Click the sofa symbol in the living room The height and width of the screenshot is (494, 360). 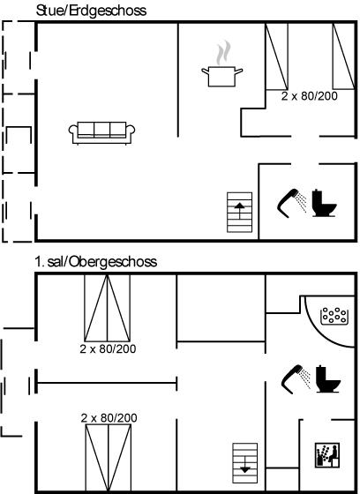101,132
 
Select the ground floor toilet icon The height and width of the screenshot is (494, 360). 324,203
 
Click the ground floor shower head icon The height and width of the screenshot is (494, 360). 291,203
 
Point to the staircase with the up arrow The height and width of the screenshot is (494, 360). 240,213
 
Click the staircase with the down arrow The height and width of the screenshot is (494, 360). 245,463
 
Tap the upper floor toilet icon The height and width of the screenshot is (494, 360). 328,379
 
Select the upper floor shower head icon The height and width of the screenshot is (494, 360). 296,379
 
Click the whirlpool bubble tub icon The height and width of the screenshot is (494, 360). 334,316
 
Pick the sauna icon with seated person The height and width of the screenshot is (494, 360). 327,455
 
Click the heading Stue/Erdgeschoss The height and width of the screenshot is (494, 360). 91,11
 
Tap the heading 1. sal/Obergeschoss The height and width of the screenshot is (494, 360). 96,262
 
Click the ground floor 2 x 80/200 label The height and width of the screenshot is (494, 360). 309,96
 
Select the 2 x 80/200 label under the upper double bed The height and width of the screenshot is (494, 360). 108,348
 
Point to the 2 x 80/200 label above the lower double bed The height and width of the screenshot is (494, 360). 109,418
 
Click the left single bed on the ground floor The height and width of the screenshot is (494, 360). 277,56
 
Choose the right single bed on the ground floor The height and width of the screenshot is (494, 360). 343,56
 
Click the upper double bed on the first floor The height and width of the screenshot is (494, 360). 107,308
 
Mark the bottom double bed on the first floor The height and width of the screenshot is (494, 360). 109,458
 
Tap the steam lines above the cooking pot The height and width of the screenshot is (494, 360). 223,53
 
